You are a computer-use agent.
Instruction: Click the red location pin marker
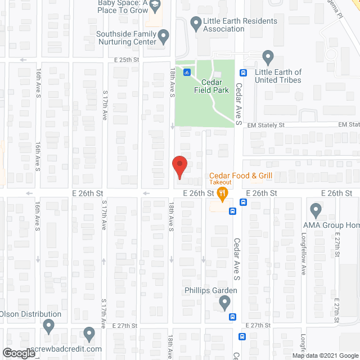179,166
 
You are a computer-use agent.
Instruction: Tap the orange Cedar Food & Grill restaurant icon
223,195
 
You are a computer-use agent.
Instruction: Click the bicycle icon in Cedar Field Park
187,72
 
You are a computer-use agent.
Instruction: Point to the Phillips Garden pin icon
225,304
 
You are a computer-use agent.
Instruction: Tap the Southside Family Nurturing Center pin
164,38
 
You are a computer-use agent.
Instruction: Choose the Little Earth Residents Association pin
196,24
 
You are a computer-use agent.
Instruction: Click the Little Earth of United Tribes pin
268,57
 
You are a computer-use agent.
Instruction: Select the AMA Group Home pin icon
315,211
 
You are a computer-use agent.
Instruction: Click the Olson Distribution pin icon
48,326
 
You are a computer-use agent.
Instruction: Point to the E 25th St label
126,60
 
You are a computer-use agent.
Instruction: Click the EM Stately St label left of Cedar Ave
276,125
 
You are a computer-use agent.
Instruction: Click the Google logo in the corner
18,353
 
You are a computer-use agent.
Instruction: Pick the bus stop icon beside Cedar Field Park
244,72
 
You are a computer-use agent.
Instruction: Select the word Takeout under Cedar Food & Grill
221,182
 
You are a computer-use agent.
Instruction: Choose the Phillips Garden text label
211,291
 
